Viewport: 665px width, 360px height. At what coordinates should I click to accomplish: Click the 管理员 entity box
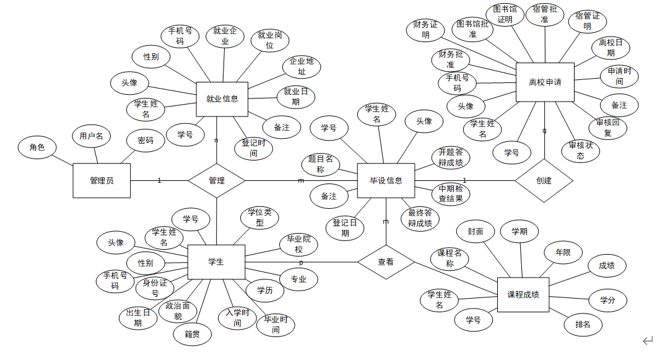pos(102,180)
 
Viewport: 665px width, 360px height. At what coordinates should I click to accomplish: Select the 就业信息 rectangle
pos(222,99)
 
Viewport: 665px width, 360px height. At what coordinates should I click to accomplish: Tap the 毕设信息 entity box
pos(386,180)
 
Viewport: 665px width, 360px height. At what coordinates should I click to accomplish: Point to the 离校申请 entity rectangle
pos(545,82)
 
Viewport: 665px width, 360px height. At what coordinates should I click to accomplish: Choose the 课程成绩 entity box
pos(523,294)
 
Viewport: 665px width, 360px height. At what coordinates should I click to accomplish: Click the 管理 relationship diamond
pos(217,180)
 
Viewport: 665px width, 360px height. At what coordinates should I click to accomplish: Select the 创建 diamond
pos(544,180)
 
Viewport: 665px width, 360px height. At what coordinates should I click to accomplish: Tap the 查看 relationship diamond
pos(386,262)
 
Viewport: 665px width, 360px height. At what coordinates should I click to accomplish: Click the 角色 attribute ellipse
pos(37,147)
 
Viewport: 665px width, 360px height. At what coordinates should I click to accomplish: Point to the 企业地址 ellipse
pos(302,66)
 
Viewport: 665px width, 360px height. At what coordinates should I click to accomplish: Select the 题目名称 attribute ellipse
pos(321,164)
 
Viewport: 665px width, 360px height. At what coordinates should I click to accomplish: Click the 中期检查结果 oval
pos(451,193)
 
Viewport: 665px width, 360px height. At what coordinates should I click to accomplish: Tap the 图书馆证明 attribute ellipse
pos(505,14)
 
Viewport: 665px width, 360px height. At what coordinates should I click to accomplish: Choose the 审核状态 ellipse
pos(580,151)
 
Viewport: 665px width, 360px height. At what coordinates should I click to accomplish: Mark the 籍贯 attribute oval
pos(192,334)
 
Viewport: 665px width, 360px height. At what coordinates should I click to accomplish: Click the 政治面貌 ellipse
pos(178,311)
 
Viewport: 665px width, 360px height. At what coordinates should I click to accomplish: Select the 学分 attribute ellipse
pos(607,300)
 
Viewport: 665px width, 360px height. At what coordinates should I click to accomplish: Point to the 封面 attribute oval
pos(476,231)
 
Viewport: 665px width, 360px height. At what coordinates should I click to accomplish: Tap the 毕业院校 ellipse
pos(298,244)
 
